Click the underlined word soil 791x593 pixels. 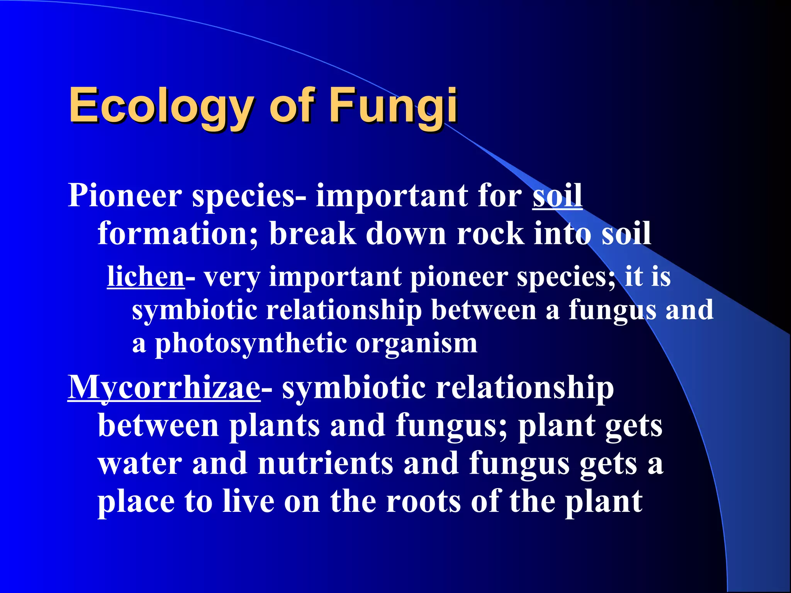557,195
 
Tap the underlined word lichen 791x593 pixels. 146,276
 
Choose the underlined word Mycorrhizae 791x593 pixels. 164,388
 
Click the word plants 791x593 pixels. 275,425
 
